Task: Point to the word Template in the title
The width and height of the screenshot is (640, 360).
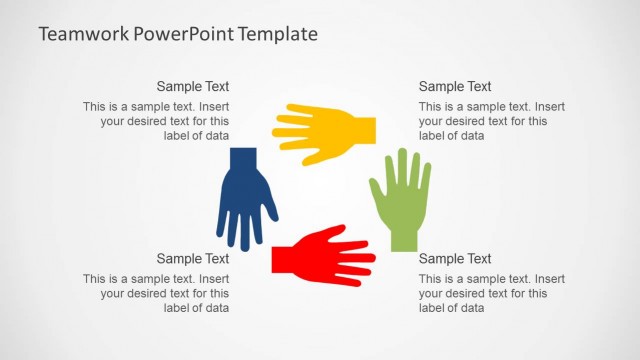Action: [x=281, y=34]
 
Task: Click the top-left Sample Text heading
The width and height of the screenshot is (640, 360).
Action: [x=193, y=87]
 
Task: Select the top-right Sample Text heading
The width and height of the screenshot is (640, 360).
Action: [x=455, y=87]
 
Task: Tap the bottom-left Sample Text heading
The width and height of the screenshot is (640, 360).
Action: [x=193, y=259]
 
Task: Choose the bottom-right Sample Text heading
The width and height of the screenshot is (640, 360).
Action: [x=455, y=259]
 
